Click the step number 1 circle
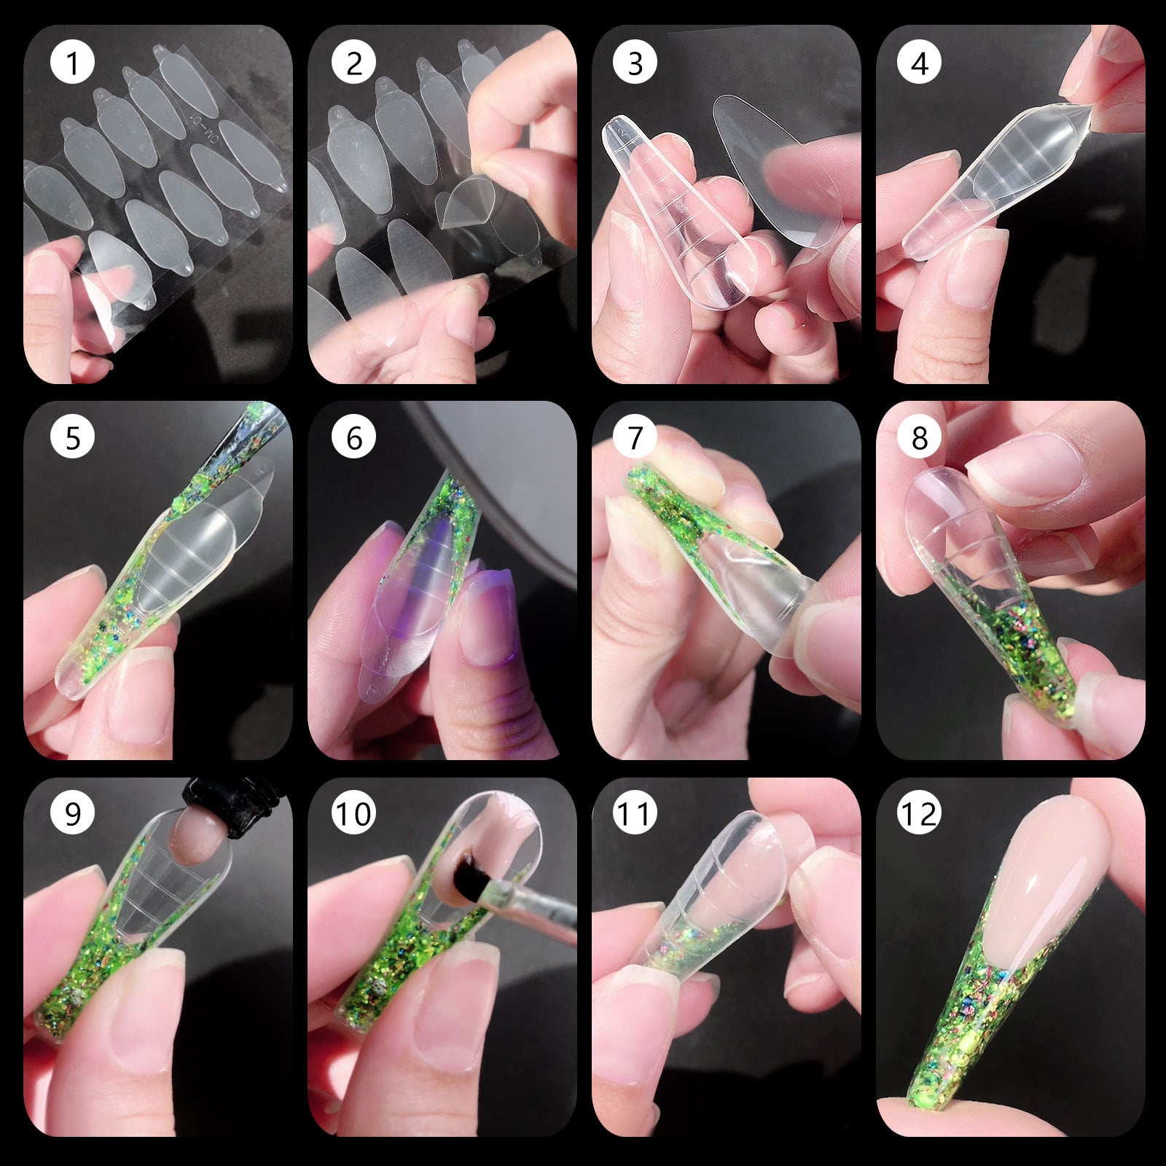pos(72,63)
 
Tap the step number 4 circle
pos(919,63)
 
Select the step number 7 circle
pos(635,438)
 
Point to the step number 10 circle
pos(353,813)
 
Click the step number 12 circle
pos(919,813)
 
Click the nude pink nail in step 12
pos(1049,874)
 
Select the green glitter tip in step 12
pos(969,1049)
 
